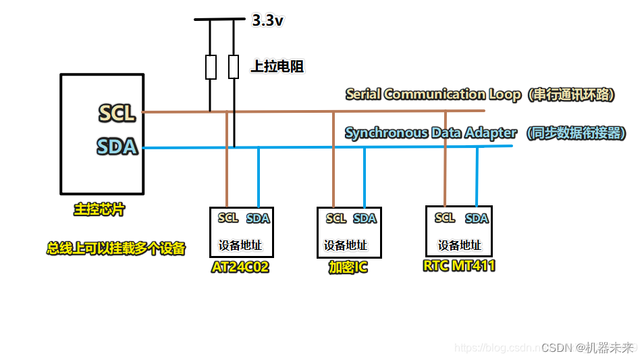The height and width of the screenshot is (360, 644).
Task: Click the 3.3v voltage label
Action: coord(267,21)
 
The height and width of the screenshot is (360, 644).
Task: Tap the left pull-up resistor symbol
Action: coord(211,68)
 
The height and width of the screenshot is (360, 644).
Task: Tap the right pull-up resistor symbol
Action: coord(234,68)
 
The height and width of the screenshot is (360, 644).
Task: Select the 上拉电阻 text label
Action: coord(277,66)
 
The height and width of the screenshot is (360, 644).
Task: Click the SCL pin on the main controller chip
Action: coord(117,113)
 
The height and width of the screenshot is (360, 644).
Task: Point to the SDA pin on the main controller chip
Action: coord(117,147)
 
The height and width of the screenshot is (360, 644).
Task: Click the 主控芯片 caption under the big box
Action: coord(99,210)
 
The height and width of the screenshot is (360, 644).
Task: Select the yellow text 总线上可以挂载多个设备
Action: coord(115,249)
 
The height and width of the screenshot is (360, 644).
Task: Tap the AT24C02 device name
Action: coord(240,267)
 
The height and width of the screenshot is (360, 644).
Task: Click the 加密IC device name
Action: coord(348,268)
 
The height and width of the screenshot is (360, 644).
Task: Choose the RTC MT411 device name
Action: coord(459,265)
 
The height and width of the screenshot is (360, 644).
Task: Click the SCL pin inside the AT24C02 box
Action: coord(228,217)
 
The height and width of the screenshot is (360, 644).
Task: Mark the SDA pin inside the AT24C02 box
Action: coord(258,218)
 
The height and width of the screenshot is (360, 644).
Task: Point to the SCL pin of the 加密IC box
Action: coord(336,218)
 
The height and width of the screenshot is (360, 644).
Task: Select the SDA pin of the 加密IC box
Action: coord(365,218)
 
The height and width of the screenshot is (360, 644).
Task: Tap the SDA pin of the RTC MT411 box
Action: coord(477,218)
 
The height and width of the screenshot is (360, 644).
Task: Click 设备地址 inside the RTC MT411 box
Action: coord(460,245)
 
